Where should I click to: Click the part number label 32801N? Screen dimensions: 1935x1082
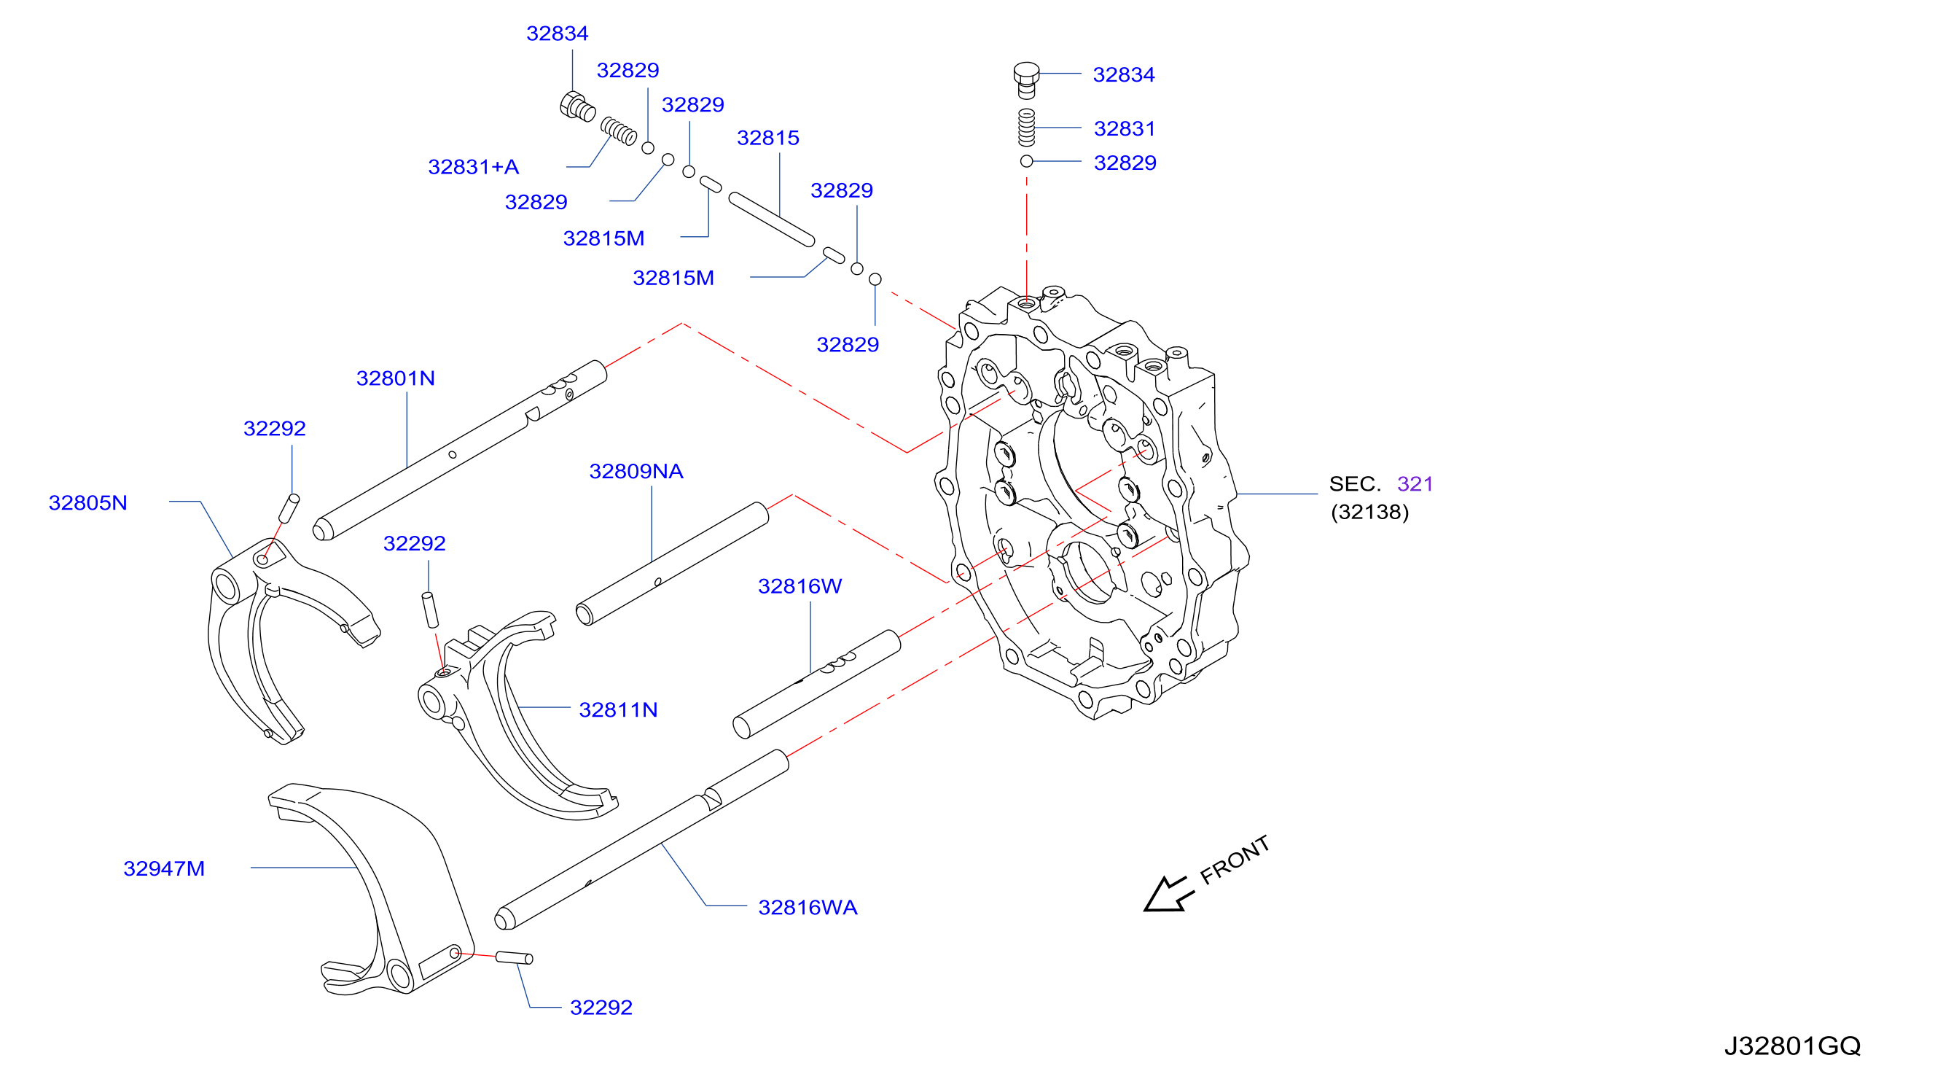[395, 378]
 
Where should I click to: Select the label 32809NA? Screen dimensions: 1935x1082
[636, 471]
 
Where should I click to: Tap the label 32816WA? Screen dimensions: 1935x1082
[808, 908]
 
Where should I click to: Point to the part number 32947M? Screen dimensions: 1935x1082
[164, 868]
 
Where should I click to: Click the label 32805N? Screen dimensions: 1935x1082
[88, 502]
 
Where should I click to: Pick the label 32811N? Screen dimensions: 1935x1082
[618, 710]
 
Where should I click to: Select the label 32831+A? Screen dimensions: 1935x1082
[473, 167]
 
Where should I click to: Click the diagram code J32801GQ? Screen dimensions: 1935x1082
[1792, 1046]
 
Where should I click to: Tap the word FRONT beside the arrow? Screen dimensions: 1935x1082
[1234, 860]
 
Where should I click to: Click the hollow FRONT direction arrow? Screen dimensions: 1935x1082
[1168, 894]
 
